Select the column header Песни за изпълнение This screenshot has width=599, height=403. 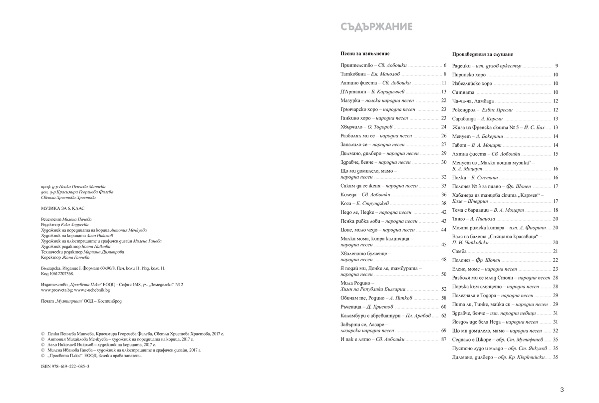pos(365,53)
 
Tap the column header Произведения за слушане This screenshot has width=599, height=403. pos(482,54)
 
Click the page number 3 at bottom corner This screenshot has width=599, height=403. pos(562,390)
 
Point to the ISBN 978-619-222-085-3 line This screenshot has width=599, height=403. pos(65,366)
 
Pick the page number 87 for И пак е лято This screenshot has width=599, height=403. pos(443,340)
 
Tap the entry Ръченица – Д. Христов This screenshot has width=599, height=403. pos(364,307)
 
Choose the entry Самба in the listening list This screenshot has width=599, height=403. pos(459,251)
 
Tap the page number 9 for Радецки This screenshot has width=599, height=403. pos(556,66)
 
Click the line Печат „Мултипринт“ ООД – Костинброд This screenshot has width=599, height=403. pos(81,301)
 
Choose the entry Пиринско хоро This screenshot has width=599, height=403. pos(469,75)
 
